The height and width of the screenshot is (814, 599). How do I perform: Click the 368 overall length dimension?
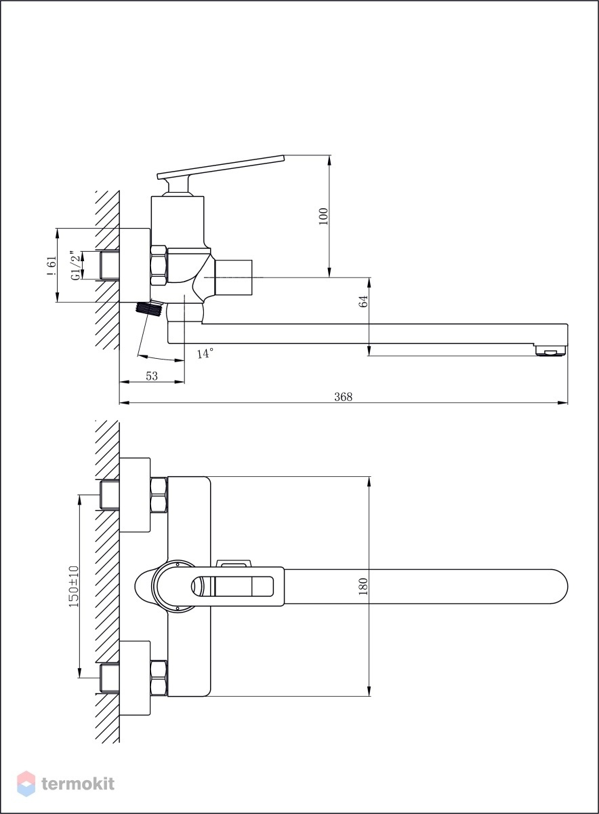point(343,396)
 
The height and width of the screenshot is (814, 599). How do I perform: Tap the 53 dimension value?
point(152,376)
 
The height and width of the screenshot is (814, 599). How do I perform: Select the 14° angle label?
point(205,353)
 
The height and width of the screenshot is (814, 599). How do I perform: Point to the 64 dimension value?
point(363,301)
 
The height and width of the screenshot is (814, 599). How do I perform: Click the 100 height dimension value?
point(323,216)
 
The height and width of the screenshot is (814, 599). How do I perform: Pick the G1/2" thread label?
point(75,265)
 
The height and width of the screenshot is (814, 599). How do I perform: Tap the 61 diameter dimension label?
point(51,266)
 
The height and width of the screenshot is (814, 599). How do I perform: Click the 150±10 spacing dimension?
point(74,586)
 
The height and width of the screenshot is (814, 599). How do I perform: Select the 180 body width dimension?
point(363,586)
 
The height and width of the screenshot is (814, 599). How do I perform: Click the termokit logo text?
point(78,784)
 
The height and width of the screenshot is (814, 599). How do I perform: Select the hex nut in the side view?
point(159,265)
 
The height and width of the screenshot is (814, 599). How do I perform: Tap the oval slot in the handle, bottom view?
point(232,586)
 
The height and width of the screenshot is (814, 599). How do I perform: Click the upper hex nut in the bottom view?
point(159,495)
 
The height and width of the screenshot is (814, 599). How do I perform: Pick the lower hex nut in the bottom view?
point(159,678)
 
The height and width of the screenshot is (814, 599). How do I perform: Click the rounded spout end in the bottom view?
point(559,586)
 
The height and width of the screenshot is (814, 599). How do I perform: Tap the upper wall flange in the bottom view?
point(135,495)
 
